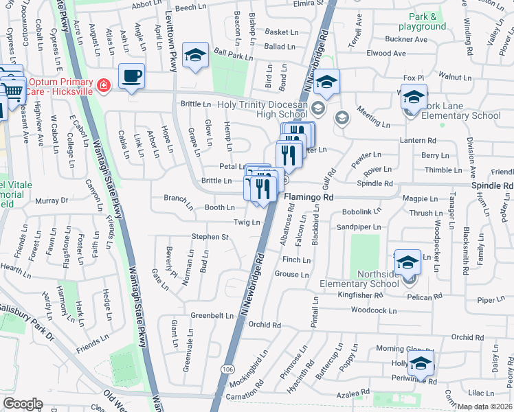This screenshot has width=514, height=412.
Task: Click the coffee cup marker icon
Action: (131, 76)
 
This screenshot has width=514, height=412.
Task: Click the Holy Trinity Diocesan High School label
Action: (262, 110)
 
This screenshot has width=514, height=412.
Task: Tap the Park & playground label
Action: (427, 21)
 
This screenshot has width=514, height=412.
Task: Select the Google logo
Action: (23, 404)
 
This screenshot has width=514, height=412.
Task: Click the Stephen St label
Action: (210, 237)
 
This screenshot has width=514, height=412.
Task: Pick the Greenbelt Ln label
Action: (212, 316)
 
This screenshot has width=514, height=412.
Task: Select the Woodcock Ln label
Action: (374, 311)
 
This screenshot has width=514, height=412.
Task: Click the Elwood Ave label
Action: (387, 53)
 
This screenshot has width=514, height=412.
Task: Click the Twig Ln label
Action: (247, 222)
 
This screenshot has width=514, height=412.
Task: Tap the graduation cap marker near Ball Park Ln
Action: (195, 56)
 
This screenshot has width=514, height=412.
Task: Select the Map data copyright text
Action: (485, 407)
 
